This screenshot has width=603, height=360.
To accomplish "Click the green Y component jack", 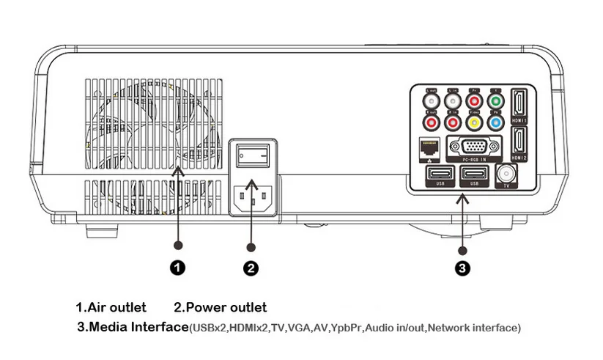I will coord(495,101).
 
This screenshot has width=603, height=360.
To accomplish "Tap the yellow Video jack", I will coord(474,123).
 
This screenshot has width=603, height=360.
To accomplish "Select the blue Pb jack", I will coord(495,123).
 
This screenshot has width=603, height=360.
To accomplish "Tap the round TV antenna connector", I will coord(505,175).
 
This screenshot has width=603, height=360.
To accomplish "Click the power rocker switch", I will coord(251,155).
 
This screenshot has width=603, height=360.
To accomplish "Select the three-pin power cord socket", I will coord(251,196).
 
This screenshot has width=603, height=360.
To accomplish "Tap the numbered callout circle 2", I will coord(251,268).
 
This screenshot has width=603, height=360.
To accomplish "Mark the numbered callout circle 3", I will coord(462,268).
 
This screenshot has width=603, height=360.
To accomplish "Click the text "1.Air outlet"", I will coord(111,307).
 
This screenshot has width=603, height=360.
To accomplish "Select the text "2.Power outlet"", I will coord(220,307).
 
